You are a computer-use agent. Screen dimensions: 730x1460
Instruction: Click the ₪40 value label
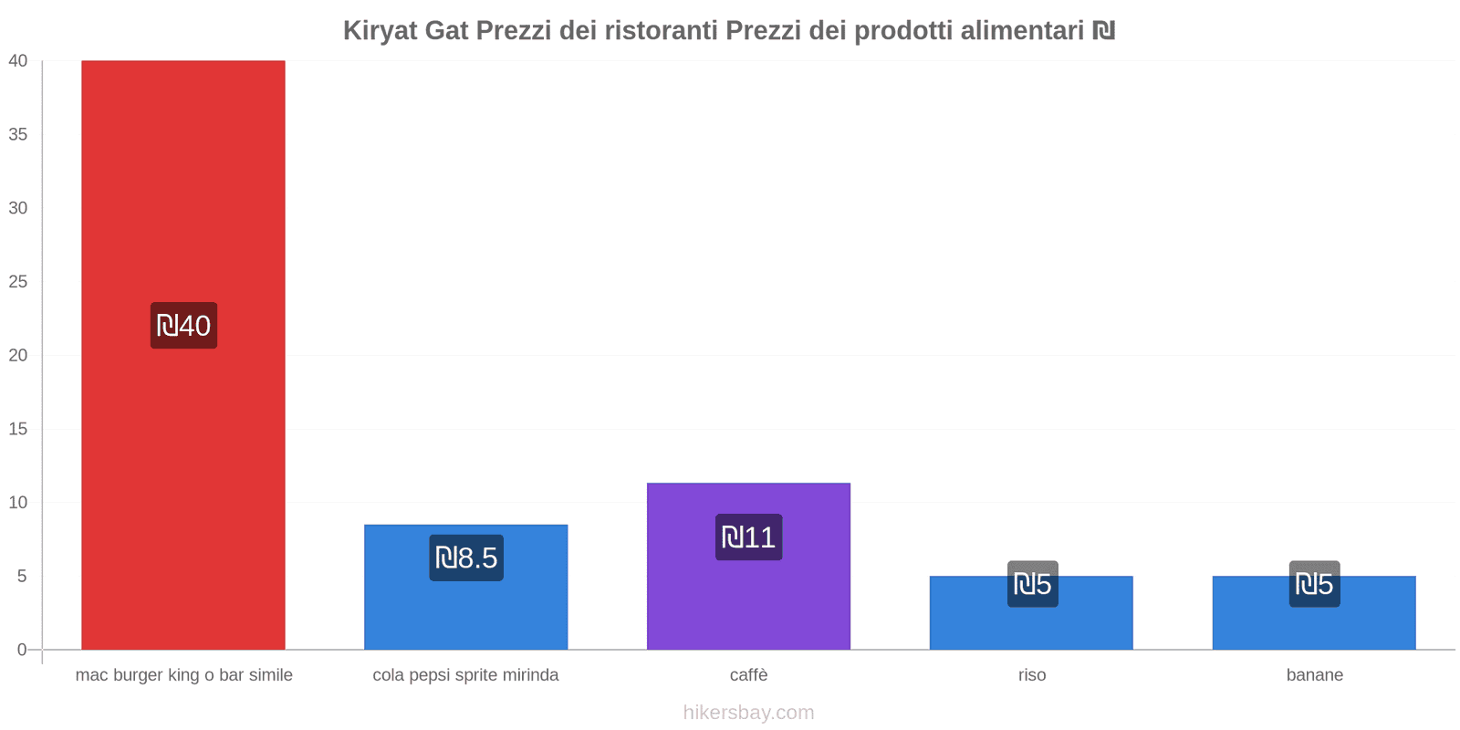click(x=183, y=326)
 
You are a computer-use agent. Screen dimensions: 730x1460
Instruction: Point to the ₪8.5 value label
click(x=466, y=558)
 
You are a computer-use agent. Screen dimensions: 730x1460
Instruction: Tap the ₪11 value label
click(x=748, y=537)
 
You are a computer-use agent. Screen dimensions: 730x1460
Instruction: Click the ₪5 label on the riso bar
click(x=1032, y=584)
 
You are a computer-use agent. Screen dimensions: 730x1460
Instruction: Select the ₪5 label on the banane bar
click(x=1314, y=584)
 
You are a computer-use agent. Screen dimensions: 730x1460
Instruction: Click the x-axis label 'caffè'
click(x=748, y=675)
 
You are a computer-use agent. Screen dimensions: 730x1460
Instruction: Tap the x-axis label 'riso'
click(x=1032, y=675)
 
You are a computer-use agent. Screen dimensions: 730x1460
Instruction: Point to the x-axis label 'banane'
click(x=1314, y=675)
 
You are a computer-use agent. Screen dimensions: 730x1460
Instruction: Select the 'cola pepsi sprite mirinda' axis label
click(x=465, y=675)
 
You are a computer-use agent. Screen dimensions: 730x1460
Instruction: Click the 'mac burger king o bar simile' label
click(x=183, y=675)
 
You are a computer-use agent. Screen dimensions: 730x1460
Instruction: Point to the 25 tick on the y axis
click(x=18, y=282)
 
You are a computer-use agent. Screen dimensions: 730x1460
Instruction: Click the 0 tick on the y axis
click(x=22, y=650)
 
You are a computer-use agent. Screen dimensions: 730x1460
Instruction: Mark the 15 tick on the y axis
click(x=18, y=429)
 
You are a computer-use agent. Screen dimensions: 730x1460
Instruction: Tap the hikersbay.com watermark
click(x=748, y=713)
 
